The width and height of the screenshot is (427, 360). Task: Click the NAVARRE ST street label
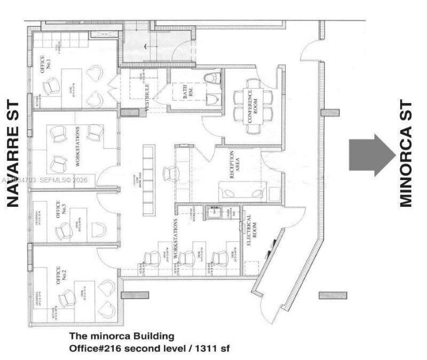(x=13, y=153)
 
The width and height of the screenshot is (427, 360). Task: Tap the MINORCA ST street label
(x=407, y=153)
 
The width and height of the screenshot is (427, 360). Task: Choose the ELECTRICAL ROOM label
(x=249, y=230)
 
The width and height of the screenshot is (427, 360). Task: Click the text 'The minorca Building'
(x=122, y=336)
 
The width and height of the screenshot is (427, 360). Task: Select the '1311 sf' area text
(x=213, y=348)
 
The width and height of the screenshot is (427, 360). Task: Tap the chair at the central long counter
(x=171, y=173)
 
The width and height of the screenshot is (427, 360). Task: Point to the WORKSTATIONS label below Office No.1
(x=78, y=145)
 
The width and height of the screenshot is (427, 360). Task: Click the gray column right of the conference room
(x=330, y=113)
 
